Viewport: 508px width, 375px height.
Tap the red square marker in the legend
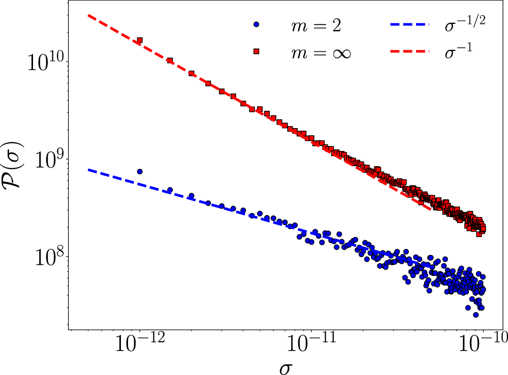coord(257,51)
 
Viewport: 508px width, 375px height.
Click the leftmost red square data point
coord(140,40)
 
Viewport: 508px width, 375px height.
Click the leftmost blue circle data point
coord(140,172)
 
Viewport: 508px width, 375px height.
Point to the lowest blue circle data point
coord(475,315)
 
